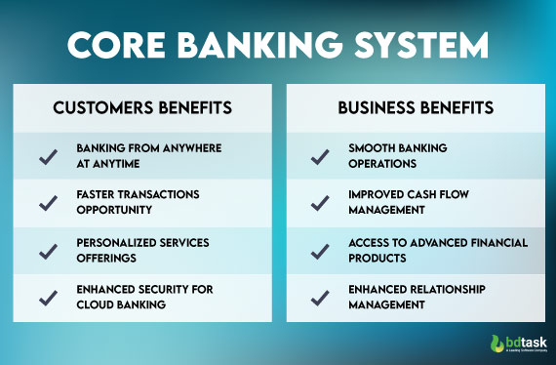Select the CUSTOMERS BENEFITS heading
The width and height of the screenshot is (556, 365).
(x=142, y=106)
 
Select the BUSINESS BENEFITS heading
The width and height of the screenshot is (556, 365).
(x=414, y=106)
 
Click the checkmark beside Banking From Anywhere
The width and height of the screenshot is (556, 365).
(x=46, y=155)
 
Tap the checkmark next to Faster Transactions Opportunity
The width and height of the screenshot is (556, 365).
(x=46, y=203)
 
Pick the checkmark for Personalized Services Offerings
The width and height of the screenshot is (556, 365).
(x=46, y=251)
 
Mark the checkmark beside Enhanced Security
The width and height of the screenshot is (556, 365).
(x=46, y=297)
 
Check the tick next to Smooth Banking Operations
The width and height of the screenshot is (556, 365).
(x=319, y=155)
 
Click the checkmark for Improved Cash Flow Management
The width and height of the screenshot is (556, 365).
(x=319, y=203)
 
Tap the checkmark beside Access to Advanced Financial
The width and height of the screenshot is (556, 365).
(x=319, y=251)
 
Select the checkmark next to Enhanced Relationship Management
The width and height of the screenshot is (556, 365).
(x=319, y=297)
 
